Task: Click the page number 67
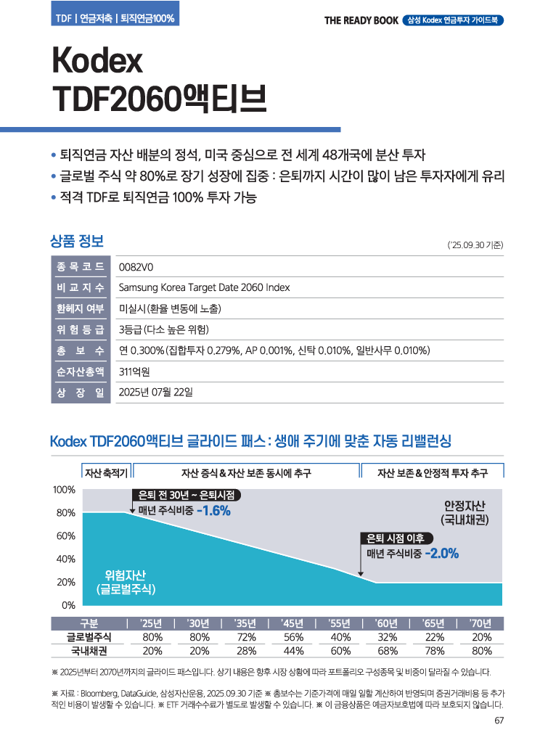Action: [x=499, y=721]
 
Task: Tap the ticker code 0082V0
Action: [x=136, y=266]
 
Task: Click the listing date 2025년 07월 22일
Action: [x=156, y=393]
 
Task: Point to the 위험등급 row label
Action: [x=81, y=329]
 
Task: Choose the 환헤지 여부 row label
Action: [x=81, y=308]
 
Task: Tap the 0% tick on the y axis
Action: [x=68, y=605]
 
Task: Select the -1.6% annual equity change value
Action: [x=213, y=511]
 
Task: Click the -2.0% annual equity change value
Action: [x=441, y=553]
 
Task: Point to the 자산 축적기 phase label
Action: [x=106, y=473]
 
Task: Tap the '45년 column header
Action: [x=292, y=623]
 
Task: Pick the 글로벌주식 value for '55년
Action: [x=340, y=637]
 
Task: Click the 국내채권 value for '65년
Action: [x=434, y=650]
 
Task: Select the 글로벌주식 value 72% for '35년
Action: [x=245, y=637]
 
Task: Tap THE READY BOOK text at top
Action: [x=361, y=20]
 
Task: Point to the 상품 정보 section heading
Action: [x=77, y=239]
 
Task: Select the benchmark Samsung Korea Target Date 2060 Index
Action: [x=204, y=287]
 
